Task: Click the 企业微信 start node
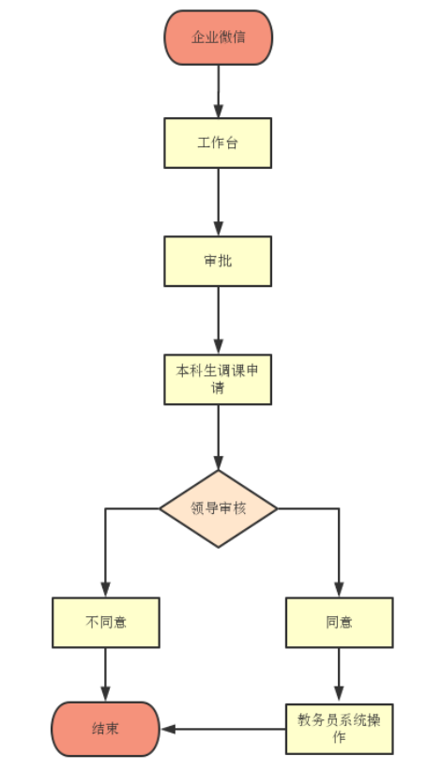(x=219, y=38)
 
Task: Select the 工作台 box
(x=218, y=144)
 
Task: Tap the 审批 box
(x=218, y=261)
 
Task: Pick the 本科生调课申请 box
(x=218, y=380)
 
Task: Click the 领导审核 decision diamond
(x=219, y=508)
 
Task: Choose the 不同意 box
(x=106, y=623)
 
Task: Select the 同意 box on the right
(x=340, y=623)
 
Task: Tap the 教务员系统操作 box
(x=340, y=729)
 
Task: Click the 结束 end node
(x=106, y=729)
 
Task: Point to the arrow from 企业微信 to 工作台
(x=219, y=92)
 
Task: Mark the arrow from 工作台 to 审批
(x=219, y=202)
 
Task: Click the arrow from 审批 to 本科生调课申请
(x=219, y=320)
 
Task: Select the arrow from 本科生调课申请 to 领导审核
(x=219, y=438)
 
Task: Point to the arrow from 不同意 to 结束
(x=105, y=674)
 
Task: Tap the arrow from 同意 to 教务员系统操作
(x=339, y=675)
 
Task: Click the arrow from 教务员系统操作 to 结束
(x=223, y=729)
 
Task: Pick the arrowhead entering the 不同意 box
(x=105, y=590)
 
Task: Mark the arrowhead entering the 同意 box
(x=339, y=590)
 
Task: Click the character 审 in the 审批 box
(x=211, y=261)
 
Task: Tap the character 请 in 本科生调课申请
(x=218, y=388)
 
